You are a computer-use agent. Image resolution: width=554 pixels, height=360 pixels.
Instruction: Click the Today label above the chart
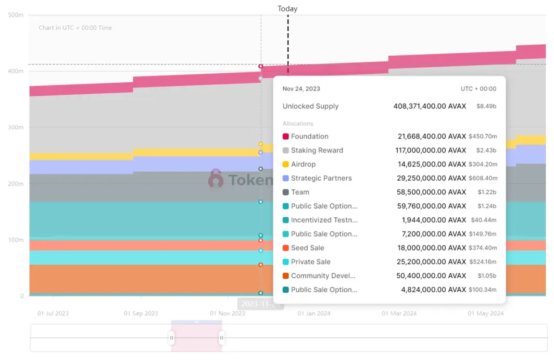tap(288, 9)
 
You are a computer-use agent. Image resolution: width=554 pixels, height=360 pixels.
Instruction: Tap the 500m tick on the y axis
tap(16, 15)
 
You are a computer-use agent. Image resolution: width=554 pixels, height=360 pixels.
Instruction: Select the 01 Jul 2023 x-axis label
tap(53, 313)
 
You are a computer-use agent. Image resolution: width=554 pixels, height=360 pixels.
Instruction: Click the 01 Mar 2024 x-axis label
tap(399, 313)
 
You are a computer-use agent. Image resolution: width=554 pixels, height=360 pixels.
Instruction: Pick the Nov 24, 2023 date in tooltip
tap(301, 88)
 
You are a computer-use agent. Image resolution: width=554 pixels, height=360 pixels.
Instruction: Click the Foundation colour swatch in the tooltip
tap(286, 137)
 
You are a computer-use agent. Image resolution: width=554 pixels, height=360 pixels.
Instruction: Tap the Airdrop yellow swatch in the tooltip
tap(286, 164)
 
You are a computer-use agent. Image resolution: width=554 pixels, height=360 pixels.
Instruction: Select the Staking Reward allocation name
tap(317, 150)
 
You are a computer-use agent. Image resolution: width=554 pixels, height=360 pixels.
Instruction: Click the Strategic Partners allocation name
tap(321, 178)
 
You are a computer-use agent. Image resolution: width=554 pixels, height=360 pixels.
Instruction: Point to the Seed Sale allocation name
tap(307, 248)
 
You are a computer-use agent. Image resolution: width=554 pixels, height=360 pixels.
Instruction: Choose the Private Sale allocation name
tap(310, 262)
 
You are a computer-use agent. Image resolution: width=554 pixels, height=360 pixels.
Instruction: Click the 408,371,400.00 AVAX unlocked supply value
tap(429, 106)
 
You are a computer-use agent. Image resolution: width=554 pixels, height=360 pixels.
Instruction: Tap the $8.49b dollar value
tap(486, 106)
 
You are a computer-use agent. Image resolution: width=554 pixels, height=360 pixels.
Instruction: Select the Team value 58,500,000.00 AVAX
tap(432, 192)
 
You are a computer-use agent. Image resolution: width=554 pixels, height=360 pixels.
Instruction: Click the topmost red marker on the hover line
tap(261, 66)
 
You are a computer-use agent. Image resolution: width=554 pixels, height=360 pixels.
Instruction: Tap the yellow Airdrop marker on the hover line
tap(261, 144)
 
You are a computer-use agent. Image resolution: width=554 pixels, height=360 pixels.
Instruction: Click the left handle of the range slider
tap(172, 338)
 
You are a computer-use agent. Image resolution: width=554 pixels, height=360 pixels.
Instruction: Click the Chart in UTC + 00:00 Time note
tap(75, 28)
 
